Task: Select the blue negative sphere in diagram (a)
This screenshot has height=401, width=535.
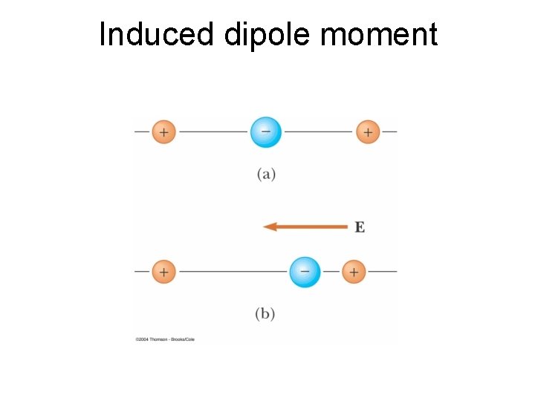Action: pyautogui.click(x=265, y=132)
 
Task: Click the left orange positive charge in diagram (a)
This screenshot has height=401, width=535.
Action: pyautogui.click(x=163, y=132)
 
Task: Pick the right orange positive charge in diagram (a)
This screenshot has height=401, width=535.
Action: pyautogui.click(x=367, y=132)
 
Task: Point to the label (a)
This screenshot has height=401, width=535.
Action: pyautogui.click(x=266, y=175)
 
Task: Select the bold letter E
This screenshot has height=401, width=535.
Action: pyautogui.click(x=360, y=227)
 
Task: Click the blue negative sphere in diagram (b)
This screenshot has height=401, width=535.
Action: pyautogui.click(x=305, y=272)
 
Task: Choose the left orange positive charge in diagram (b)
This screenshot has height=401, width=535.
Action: pyautogui.click(x=163, y=272)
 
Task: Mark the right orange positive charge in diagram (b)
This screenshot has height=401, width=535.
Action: pyautogui.click(x=354, y=272)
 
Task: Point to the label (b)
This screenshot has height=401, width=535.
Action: pyautogui.click(x=265, y=313)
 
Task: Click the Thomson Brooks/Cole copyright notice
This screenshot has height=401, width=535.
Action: pyautogui.click(x=165, y=339)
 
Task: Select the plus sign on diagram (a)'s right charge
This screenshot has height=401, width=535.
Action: pyautogui.click(x=367, y=132)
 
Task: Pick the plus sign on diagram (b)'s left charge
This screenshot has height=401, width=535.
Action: pyautogui.click(x=163, y=272)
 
